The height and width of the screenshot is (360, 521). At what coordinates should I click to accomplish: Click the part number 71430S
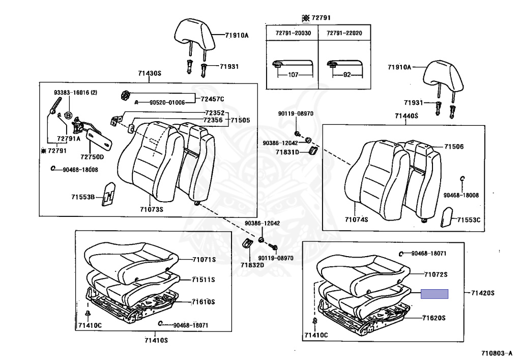coord(149,73)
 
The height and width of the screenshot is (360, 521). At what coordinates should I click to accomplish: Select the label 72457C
coord(212,99)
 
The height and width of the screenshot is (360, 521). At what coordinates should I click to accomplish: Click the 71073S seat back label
coord(151,209)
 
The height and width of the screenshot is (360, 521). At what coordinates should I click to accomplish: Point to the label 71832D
coord(252,265)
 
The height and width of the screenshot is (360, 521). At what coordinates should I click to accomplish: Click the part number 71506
coord(454,147)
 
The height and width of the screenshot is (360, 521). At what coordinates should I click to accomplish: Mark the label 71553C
coord(468,220)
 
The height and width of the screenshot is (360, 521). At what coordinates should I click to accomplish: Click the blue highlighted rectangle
coord(434,294)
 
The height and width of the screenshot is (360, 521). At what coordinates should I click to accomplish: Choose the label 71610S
coord(204,302)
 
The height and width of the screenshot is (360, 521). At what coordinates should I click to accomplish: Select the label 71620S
coord(433,318)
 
